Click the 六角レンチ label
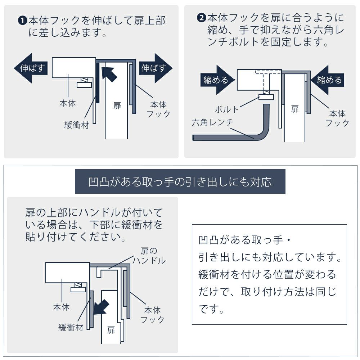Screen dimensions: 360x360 point(212,122)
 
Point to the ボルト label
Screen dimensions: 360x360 point(227,109)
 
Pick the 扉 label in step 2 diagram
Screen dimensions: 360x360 point(295,109)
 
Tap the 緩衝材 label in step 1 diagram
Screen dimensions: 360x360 point(76,126)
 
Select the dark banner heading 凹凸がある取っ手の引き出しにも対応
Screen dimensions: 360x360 point(180,182)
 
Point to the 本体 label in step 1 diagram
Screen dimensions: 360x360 point(68,103)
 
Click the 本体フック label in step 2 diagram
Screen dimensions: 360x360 point(337,118)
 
